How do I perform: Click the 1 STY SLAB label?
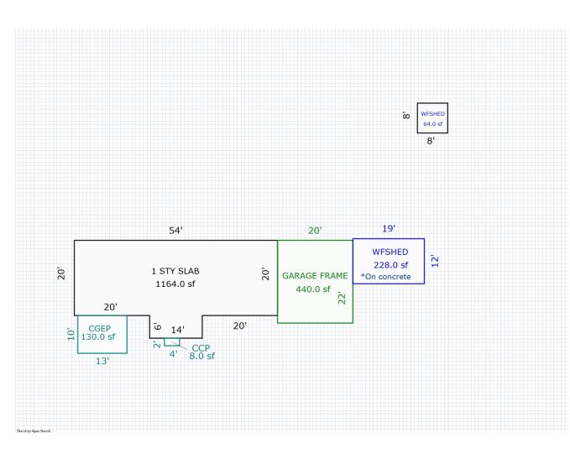tap(175, 271)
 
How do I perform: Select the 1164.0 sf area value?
tap(175, 284)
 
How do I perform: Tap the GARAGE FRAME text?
tap(315, 275)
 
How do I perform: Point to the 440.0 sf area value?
tap(315, 289)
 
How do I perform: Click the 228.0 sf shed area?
tap(390, 265)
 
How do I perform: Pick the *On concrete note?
tap(386, 276)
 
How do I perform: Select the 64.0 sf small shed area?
tap(432, 124)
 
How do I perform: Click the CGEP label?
tap(98, 328)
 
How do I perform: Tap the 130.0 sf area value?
tap(97, 337)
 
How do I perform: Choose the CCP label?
tap(201, 347)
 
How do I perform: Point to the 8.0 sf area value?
tap(202, 357)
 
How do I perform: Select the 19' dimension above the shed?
tap(389, 228)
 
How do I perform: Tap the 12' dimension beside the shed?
tap(434, 261)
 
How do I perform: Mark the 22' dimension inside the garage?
tap(343, 296)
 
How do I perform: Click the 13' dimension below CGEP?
tap(102, 362)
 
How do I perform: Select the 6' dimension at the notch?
tap(158, 326)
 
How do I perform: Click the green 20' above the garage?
tap(314, 231)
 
